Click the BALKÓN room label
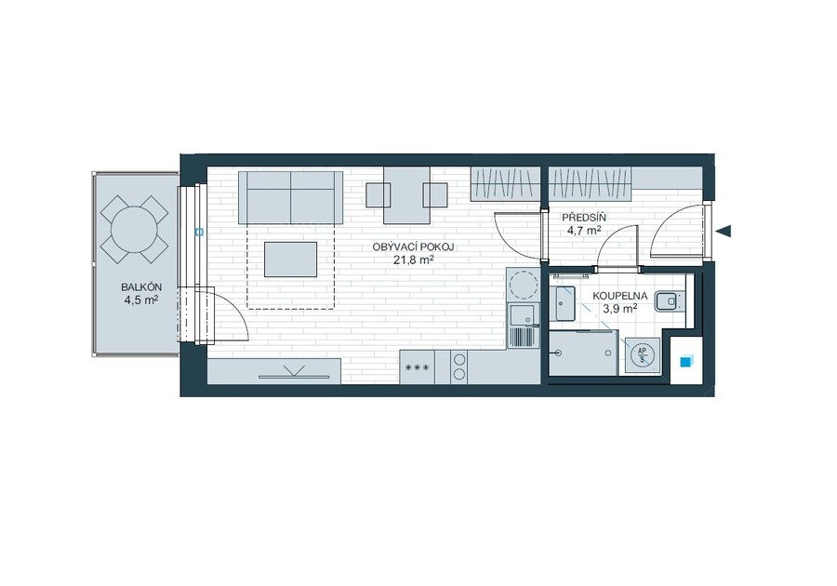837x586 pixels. tap(141, 287)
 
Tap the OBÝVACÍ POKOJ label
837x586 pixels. tap(413, 247)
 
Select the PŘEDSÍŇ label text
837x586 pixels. tap(583, 218)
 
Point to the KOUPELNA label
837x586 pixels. tap(619, 296)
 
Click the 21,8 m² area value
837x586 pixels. tap(413, 260)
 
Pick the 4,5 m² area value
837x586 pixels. tap(141, 300)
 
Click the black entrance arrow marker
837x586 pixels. tap(723, 231)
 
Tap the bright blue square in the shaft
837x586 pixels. tap(685, 361)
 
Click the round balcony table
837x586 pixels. tap(134, 230)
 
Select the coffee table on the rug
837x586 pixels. tap(290, 260)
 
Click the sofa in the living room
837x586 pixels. tap(290, 197)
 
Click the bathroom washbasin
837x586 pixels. tap(565, 303)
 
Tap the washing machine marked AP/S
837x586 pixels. tap(642, 355)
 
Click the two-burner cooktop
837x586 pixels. tap(459, 366)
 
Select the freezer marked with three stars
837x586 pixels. tap(417, 366)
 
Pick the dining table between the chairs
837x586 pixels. tap(406, 194)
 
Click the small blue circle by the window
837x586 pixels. tap(200, 232)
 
